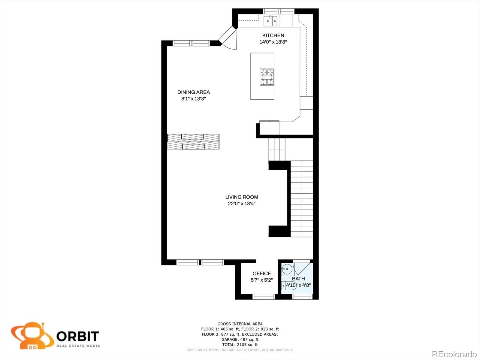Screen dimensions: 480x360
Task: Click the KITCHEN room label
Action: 273,35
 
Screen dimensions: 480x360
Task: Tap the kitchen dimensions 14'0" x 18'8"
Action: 273,42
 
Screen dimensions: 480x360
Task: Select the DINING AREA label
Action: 194,92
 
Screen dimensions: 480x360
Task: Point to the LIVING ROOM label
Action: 242,197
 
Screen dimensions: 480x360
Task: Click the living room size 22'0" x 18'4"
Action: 242,204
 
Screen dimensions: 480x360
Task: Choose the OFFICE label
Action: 262,274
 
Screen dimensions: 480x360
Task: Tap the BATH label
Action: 298,279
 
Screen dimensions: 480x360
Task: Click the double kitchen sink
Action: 270,21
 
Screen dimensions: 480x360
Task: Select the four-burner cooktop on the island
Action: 267,77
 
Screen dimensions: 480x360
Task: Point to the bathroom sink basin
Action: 287,269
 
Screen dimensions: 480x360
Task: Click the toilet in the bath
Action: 289,286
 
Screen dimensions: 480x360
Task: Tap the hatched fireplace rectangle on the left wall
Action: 193,142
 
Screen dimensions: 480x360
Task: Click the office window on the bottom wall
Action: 264,297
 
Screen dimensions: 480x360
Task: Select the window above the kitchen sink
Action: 278,11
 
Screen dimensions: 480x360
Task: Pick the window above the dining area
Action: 191,43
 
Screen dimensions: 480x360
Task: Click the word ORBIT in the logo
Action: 78,336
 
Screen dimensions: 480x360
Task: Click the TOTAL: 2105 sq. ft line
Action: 240,345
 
